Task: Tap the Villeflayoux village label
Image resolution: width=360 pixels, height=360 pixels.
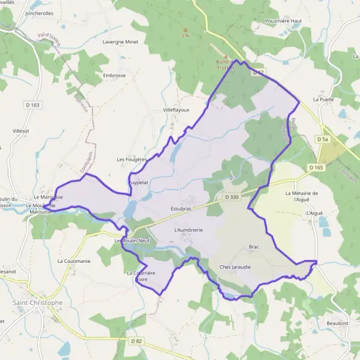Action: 176,110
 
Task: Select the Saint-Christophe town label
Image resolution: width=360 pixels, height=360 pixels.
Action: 37,302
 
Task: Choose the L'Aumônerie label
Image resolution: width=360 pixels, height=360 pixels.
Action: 188,230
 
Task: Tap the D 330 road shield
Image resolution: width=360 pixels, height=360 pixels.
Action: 232,197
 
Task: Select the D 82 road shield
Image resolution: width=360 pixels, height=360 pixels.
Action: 136,341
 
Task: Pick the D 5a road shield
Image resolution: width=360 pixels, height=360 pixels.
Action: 322,139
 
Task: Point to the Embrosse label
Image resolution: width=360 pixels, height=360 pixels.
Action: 114,76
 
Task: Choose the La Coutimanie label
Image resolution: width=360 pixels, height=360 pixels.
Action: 74,261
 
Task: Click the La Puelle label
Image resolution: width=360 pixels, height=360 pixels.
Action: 323,100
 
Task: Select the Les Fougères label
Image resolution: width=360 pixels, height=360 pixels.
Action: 132,160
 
